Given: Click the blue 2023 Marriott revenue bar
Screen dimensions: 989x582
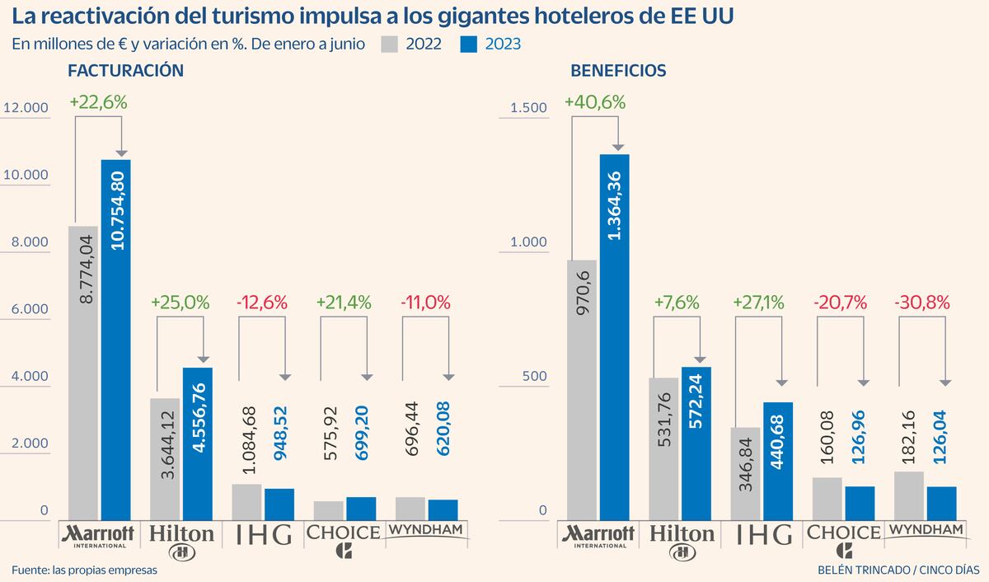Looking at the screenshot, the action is [x=115, y=340].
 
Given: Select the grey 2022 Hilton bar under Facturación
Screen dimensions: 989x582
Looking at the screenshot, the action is [x=165, y=459].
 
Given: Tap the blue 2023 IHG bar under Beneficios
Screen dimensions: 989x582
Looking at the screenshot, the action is [x=778, y=461].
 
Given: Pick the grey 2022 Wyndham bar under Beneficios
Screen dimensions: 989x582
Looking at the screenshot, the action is [x=908, y=496].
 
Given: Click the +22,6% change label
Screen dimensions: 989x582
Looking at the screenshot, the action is [x=98, y=102].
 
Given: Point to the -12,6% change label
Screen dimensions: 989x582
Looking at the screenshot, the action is [x=262, y=303].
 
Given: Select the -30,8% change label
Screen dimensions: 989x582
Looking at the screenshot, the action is [x=922, y=303].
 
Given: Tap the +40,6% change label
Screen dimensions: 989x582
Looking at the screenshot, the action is [x=595, y=102].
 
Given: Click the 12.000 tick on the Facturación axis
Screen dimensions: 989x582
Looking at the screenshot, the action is [x=26, y=108].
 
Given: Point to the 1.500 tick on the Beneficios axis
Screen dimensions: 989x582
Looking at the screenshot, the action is [x=528, y=108].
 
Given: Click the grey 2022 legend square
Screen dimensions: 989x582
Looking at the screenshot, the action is [x=389, y=45].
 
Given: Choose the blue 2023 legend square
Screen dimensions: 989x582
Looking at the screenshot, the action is [x=468, y=45].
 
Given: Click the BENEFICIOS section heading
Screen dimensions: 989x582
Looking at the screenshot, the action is [x=618, y=71].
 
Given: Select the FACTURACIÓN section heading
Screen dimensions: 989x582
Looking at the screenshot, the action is [x=125, y=71].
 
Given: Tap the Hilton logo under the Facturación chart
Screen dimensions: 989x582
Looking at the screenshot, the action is [x=181, y=542].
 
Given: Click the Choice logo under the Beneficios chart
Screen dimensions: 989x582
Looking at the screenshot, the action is [x=844, y=541].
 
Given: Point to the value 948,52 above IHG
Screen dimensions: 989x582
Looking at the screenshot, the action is [x=280, y=433].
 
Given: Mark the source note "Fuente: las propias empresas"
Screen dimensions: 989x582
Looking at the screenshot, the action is [x=84, y=570].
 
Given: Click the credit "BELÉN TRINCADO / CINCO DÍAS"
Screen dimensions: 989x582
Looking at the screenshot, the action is [x=898, y=570].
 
